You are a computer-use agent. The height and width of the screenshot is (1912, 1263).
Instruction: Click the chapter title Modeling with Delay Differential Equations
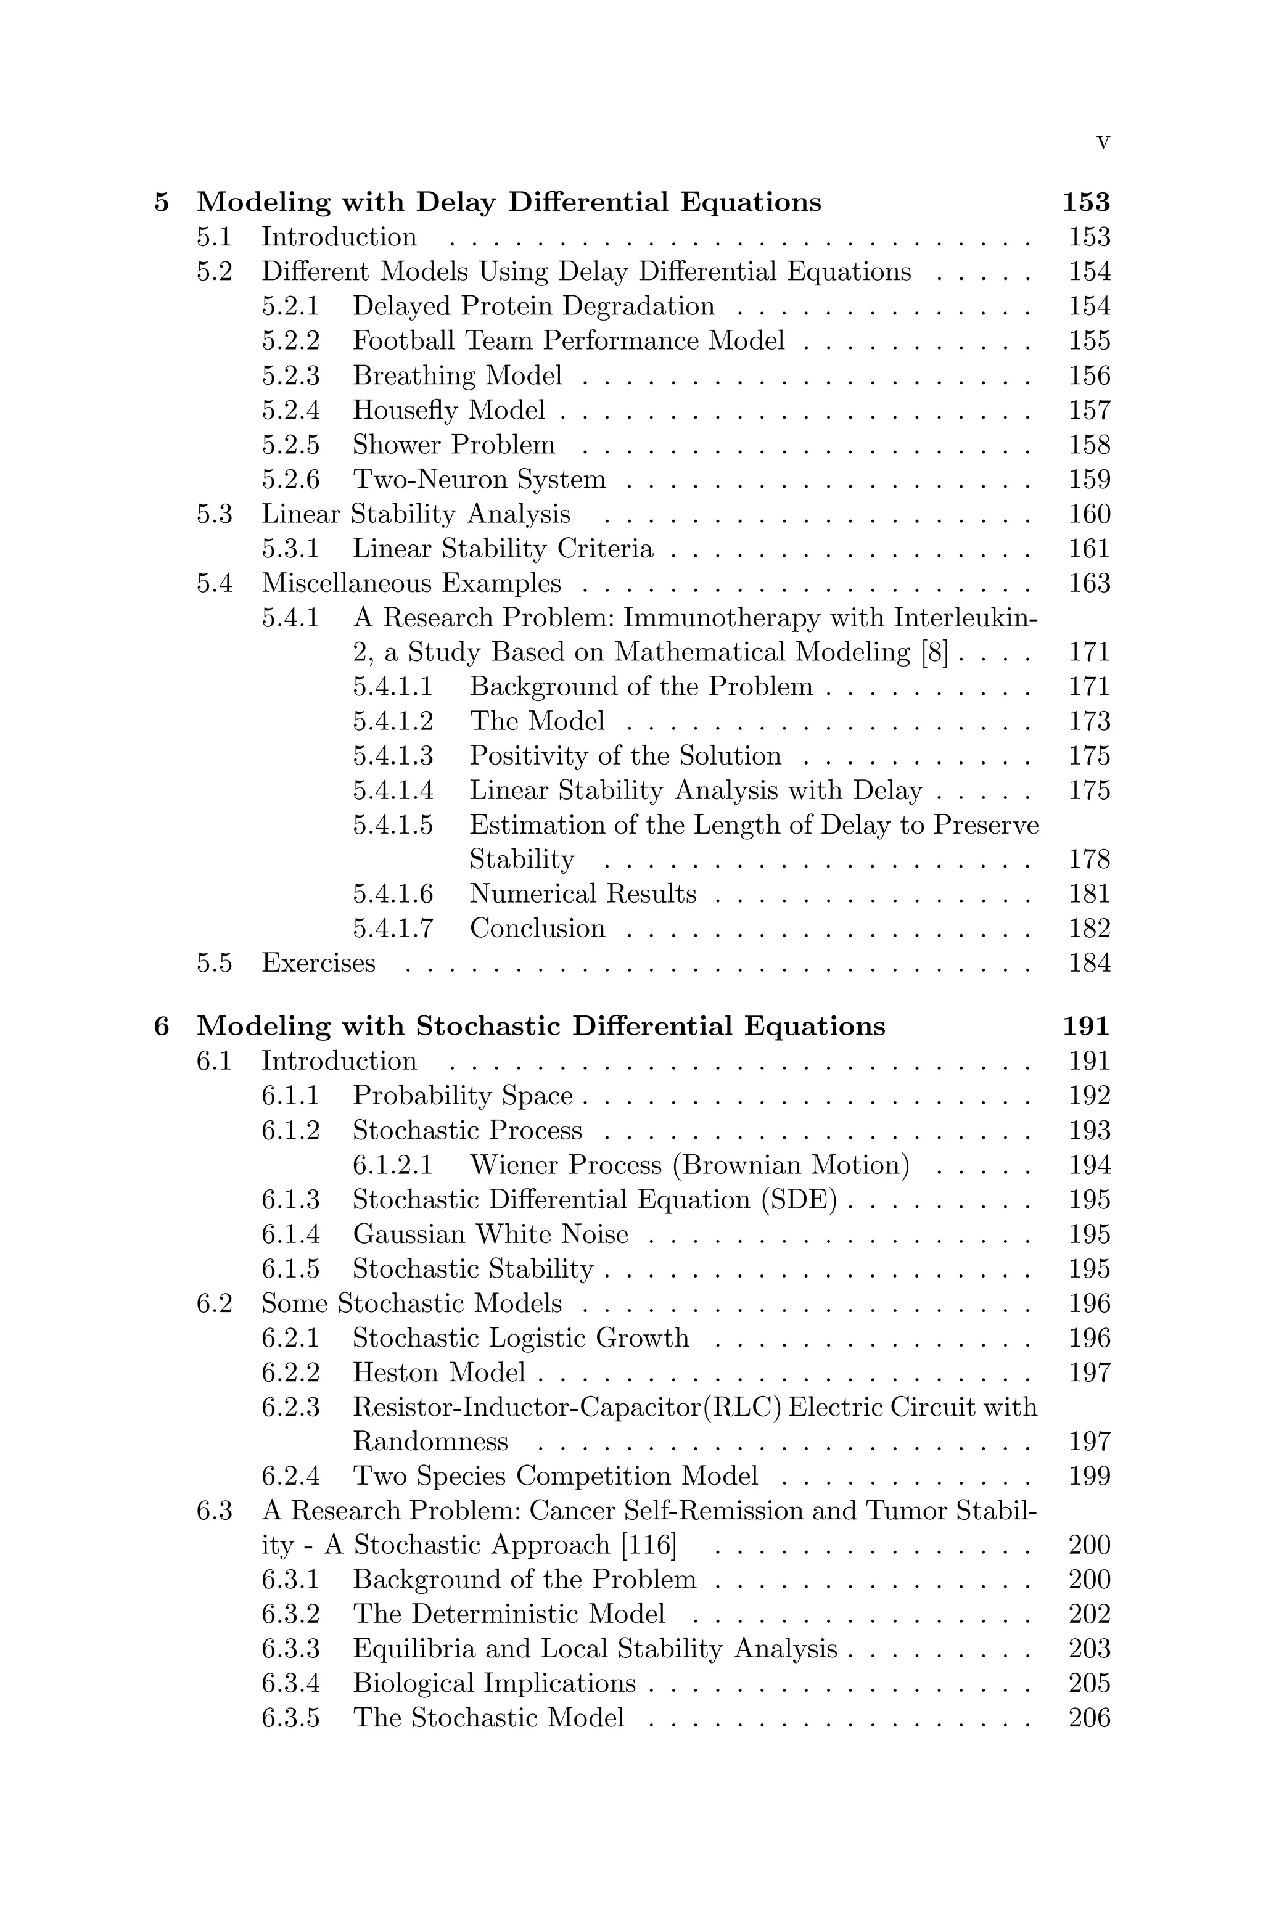point(508,202)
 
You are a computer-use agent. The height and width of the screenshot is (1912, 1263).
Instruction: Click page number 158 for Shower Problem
point(1089,445)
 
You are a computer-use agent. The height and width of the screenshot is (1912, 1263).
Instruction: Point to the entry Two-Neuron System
point(479,479)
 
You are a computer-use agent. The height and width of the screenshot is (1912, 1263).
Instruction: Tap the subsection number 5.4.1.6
point(392,894)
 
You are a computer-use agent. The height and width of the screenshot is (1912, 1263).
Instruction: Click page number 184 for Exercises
point(1089,963)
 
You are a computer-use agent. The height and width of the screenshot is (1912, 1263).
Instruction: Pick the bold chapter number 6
point(162,1027)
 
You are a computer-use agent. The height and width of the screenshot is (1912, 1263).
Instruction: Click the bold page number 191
point(1086,1027)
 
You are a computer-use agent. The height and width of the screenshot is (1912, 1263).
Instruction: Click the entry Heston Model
point(438,1372)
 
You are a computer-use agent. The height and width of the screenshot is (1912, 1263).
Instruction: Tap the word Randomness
point(430,1442)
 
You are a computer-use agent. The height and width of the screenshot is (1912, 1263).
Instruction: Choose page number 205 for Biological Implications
point(1089,1684)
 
